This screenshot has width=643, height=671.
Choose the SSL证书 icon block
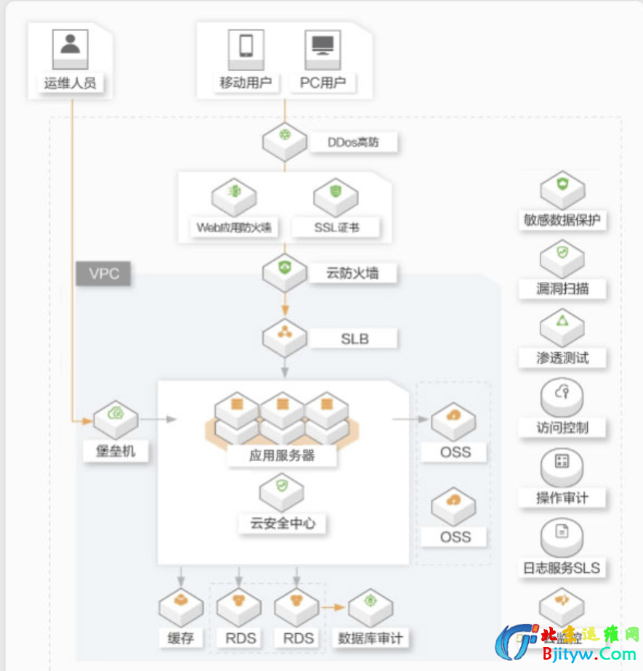336,196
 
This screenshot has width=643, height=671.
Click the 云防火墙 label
352,273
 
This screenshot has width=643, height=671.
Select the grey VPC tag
103,274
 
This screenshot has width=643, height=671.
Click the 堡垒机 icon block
116,418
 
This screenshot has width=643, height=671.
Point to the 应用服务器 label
282,456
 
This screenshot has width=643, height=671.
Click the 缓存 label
180,638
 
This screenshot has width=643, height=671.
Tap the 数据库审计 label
370,638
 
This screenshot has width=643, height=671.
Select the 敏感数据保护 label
562,220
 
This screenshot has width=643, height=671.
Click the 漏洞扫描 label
562,288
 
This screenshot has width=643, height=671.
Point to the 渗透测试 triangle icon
562,322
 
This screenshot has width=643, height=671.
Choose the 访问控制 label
562,427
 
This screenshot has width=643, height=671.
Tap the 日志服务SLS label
562,567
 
